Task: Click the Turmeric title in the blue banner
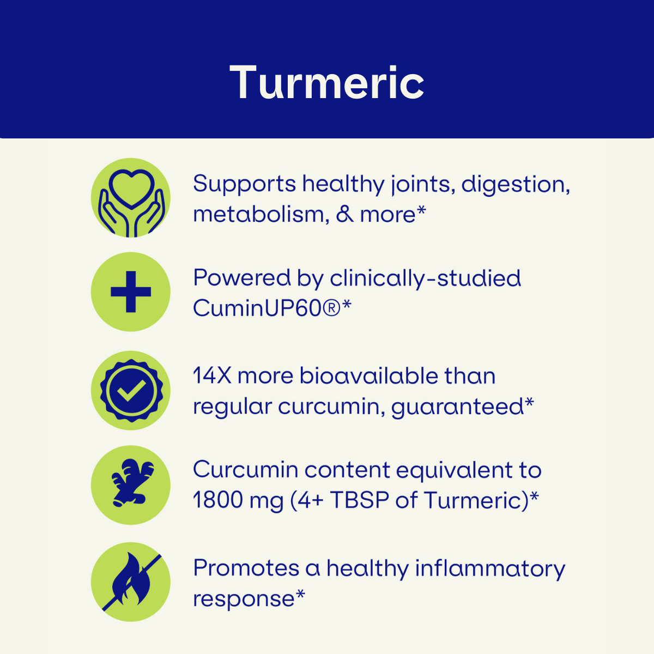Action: pyautogui.click(x=326, y=83)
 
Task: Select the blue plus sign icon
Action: pyautogui.click(x=131, y=292)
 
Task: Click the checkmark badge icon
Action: pyautogui.click(x=131, y=391)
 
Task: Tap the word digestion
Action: pyautogui.click(x=516, y=184)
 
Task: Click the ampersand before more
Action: pyautogui.click(x=344, y=215)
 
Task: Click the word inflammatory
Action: pyautogui.click(x=491, y=569)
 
